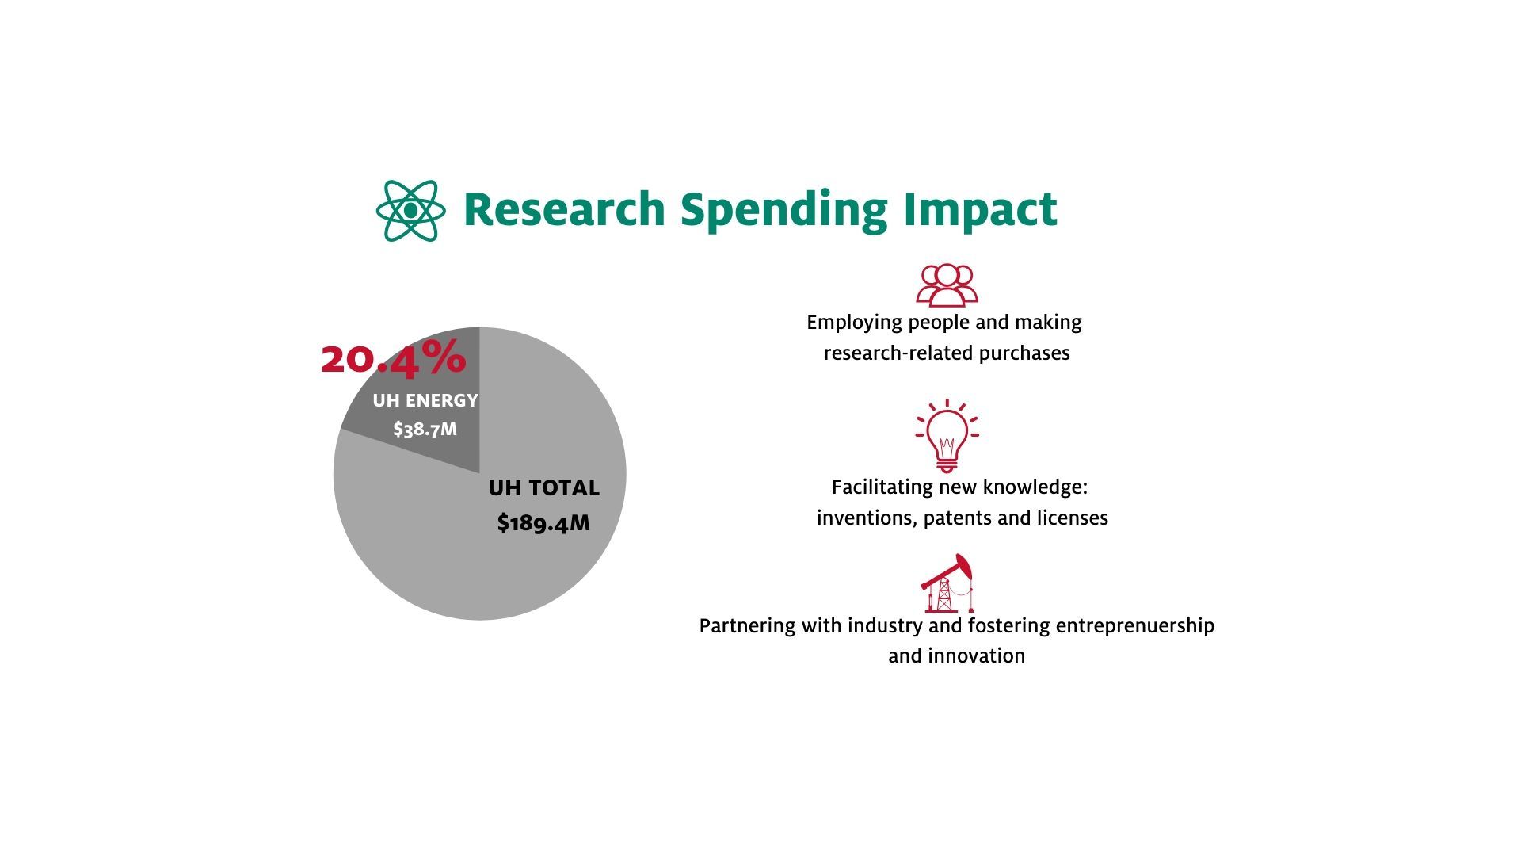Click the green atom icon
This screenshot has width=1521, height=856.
[410, 211]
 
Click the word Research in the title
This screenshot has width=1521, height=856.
[564, 209]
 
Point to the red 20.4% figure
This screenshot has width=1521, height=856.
[394, 357]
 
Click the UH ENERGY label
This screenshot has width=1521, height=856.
[425, 400]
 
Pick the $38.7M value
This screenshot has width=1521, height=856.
[425, 430]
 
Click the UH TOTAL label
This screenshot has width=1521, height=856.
[543, 488]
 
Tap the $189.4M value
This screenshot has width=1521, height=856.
[543, 523]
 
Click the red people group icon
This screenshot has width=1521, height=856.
[947, 285]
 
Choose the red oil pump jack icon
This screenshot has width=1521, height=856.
[947, 583]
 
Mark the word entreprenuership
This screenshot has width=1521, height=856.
[1135, 626]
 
